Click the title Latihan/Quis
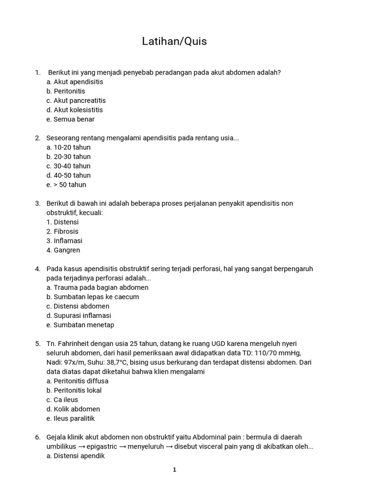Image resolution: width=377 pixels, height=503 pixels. (x=174, y=41)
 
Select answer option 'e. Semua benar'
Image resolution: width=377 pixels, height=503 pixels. (x=71, y=119)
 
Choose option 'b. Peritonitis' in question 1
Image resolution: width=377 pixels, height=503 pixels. (x=66, y=91)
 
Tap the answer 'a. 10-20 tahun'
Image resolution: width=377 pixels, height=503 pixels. (x=69, y=147)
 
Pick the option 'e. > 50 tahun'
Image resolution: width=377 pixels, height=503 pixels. (x=66, y=185)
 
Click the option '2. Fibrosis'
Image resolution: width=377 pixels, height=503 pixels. (x=62, y=231)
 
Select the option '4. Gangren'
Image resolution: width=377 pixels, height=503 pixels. (x=63, y=250)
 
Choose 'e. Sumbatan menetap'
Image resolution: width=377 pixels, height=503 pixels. (x=81, y=325)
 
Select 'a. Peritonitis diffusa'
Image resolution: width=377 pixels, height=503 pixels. (x=78, y=381)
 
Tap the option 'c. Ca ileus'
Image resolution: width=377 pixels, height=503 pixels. (x=62, y=400)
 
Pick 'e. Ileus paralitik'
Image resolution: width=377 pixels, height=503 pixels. (x=71, y=419)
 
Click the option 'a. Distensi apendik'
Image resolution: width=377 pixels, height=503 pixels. (x=76, y=456)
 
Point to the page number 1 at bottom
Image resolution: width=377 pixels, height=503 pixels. (x=174, y=470)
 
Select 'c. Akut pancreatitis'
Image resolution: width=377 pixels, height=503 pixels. (x=76, y=101)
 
